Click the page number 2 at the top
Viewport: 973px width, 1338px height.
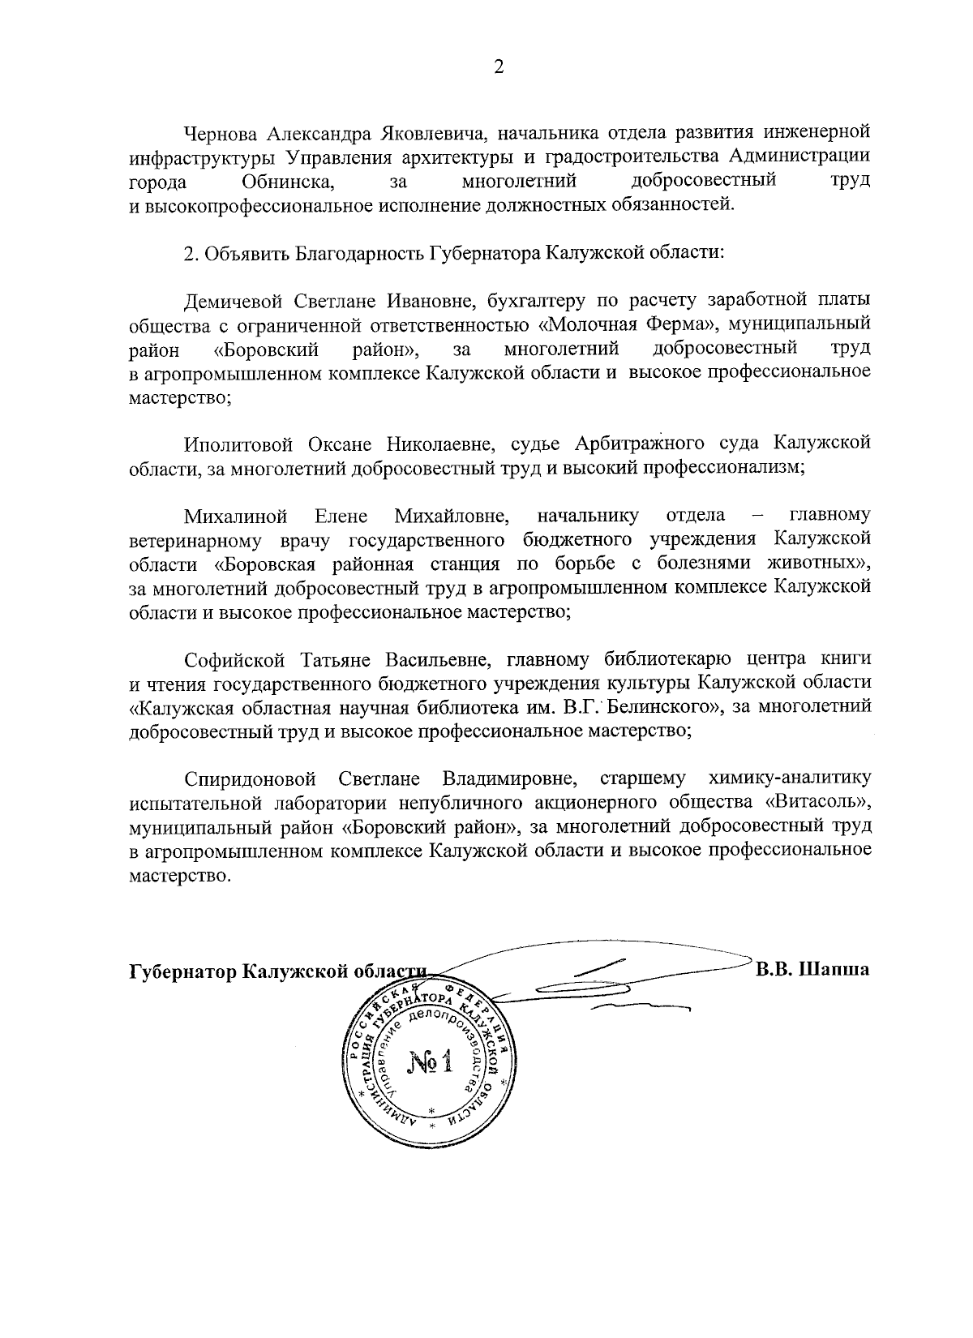(499, 68)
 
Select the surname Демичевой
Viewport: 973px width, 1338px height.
(226, 300)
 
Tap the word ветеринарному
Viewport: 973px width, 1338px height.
(183, 540)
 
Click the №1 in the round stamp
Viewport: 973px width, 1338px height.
(429, 1063)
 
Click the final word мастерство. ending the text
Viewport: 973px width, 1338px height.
(180, 877)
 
